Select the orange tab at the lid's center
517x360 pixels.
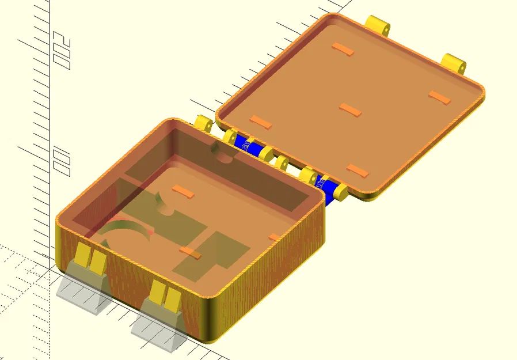pos(351,109)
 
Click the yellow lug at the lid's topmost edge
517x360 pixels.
pos(378,25)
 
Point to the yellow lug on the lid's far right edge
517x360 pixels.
pos(455,62)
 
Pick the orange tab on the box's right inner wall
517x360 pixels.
pos(275,237)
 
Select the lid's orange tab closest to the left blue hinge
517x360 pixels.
pos(260,122)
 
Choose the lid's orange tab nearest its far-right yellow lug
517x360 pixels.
pos(440,97)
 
